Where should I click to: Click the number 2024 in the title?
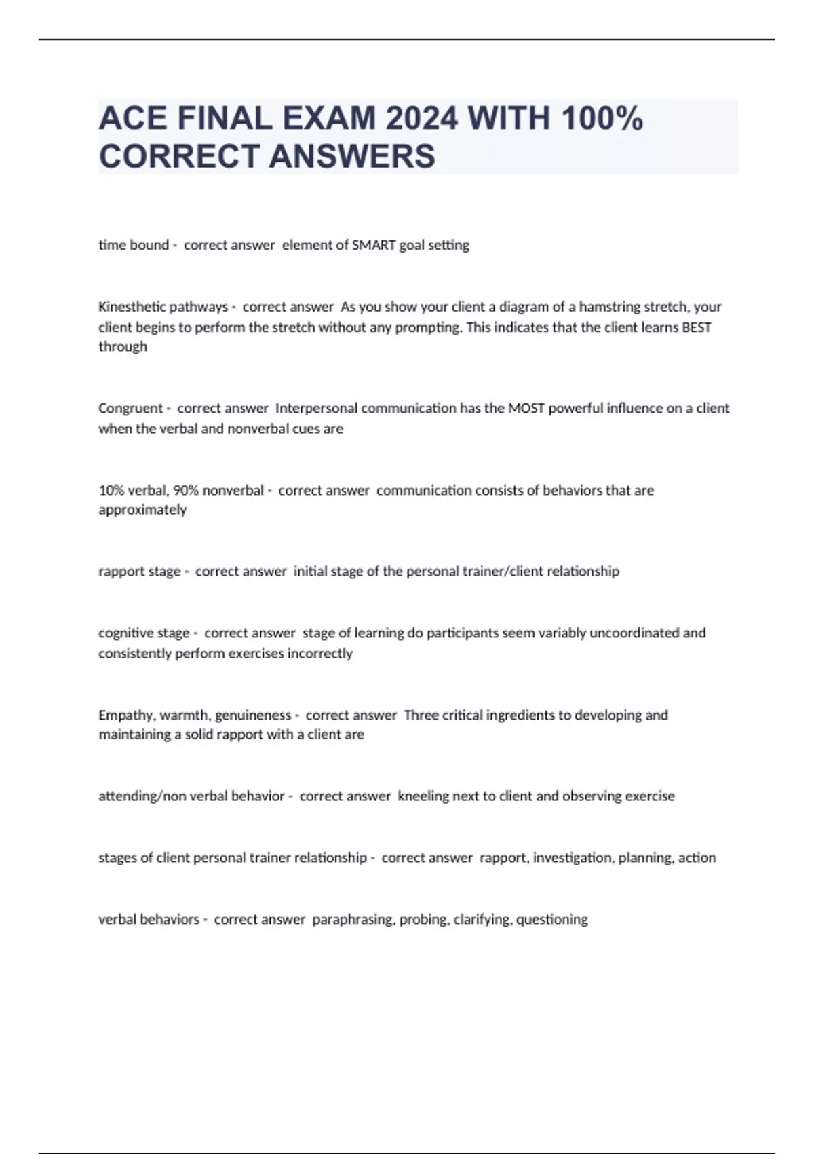pos(421,119)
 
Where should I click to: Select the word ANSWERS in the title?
pos(352,156)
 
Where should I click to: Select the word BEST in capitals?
pos(696,327)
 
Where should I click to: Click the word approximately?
pos(142,510)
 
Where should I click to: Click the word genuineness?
pos(253,715)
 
